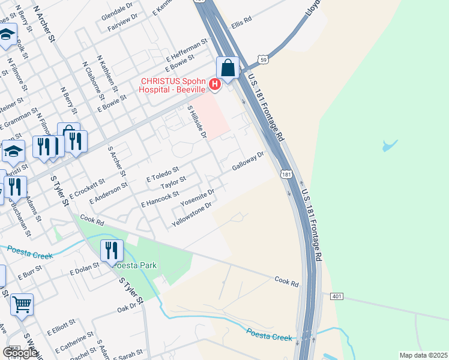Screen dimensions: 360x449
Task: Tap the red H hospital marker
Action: click(214, 85)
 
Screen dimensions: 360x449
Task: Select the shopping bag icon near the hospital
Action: click(228, 68)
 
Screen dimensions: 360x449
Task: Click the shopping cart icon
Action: click(22, 304)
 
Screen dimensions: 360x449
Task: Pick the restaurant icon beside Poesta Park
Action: click(111, 250)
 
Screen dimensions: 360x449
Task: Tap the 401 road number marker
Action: click(336, 296)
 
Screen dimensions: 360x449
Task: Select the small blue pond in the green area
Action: click(390, 145)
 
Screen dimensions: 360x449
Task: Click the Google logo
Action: click(20, 353)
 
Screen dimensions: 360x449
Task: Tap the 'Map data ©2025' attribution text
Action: click(423, 355)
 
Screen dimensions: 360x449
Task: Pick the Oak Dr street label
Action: click(127, 307)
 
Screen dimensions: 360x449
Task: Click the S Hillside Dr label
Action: click(197, 122)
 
